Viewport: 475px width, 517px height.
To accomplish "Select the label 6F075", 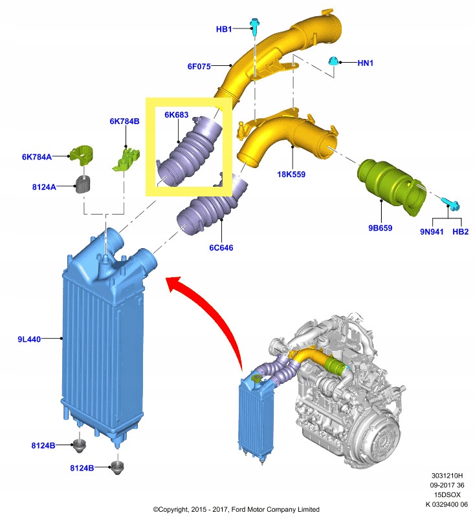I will coord(199,65).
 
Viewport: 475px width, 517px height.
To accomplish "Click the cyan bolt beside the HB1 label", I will coord(256,27).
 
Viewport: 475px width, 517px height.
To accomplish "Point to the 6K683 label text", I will coord(176,115).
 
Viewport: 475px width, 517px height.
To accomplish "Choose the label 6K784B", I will coord(124,121).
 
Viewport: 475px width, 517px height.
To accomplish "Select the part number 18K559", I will coord(292,174).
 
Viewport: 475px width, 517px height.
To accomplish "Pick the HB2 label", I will coord(461,231).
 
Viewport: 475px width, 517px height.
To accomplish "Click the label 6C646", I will coord(221,248).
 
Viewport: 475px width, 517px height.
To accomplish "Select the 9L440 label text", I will coord(30,339).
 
